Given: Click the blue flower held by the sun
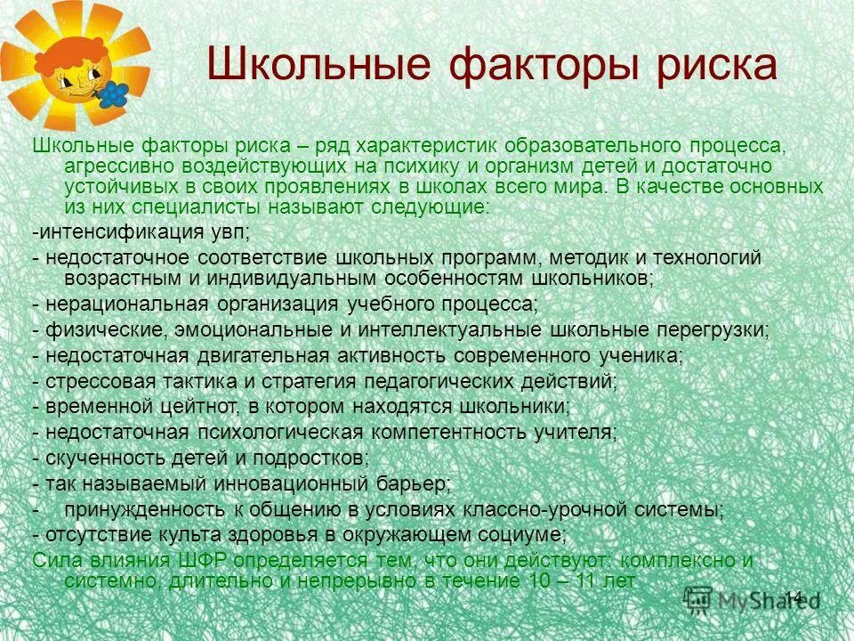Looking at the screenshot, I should (x=113, y=92).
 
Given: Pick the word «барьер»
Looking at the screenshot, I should (x=414, y=484).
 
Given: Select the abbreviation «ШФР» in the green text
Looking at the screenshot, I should (x=203, y=562).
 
